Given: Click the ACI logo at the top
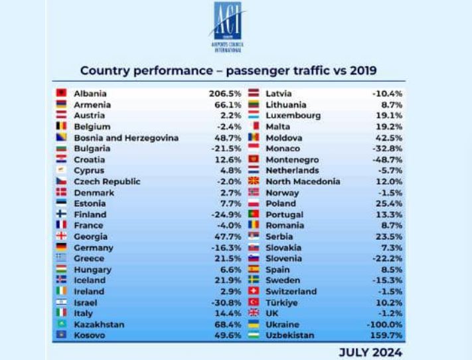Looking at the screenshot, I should click(228, 26).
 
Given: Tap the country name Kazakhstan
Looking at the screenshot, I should click(99, 325).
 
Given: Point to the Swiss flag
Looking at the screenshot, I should click(253, 292).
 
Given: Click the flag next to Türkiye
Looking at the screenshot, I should click(253, 303).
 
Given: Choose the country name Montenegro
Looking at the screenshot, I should click(292, 160).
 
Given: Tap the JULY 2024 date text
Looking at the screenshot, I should click(370, 351).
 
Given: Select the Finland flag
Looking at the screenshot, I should click(61, 215).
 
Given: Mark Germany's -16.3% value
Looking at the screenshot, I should click(226, 248).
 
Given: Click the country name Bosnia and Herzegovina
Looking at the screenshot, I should click(126, 137).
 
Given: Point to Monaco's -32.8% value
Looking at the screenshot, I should click(388, 149).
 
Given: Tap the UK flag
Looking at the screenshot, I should click(253, 314).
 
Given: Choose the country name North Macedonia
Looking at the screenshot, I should click(303, 181).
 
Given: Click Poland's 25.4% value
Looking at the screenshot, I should click(389, 203).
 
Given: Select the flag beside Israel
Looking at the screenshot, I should click(61, 302).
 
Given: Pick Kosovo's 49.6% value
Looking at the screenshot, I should click(227, 335).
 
